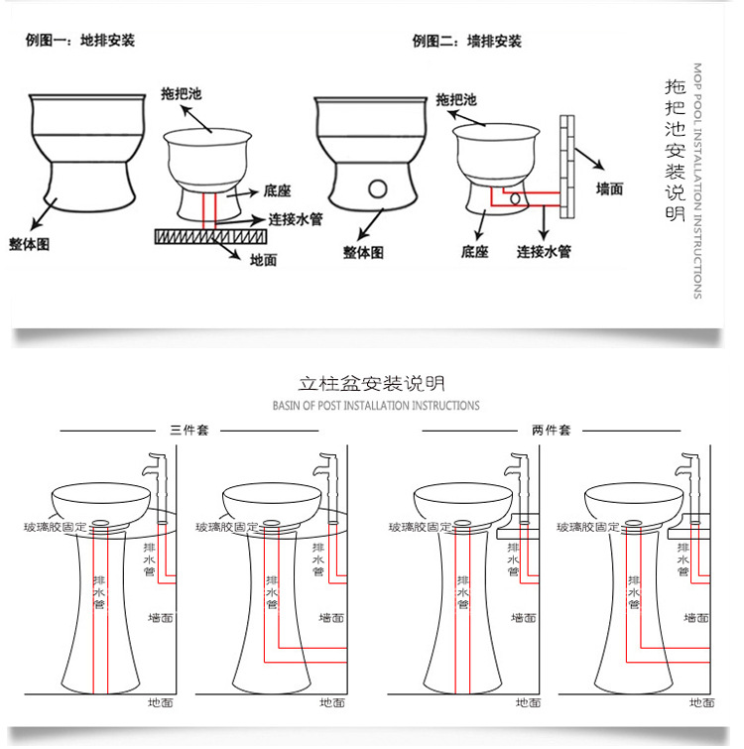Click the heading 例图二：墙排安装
click(x=466, y=41)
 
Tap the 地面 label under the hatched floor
click(x=263, y=260)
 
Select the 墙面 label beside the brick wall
click(x=609, y=187)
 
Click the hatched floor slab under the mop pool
click(x=210, y=236)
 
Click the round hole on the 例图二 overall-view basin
click(x=377, y=187)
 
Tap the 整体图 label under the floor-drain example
click(x=30, y=243)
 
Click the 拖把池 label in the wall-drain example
click(x=456, y=100)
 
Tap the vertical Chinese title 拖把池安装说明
click(x=676, y=149)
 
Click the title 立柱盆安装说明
click(x=372, y=383)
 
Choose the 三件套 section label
click(x=188, y=431)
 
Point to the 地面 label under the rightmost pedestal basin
click(x=701, y=702)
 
